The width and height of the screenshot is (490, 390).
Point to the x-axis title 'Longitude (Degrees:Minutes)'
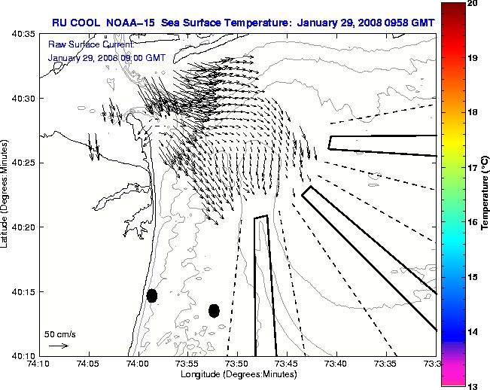coord(238,373)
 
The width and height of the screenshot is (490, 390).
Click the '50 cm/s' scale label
coord(60,333)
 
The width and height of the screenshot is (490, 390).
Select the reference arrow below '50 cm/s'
coord(59,346)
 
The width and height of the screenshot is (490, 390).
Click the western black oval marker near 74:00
coord(152,295)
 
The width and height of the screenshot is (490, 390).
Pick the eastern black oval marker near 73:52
coord(214,310)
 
